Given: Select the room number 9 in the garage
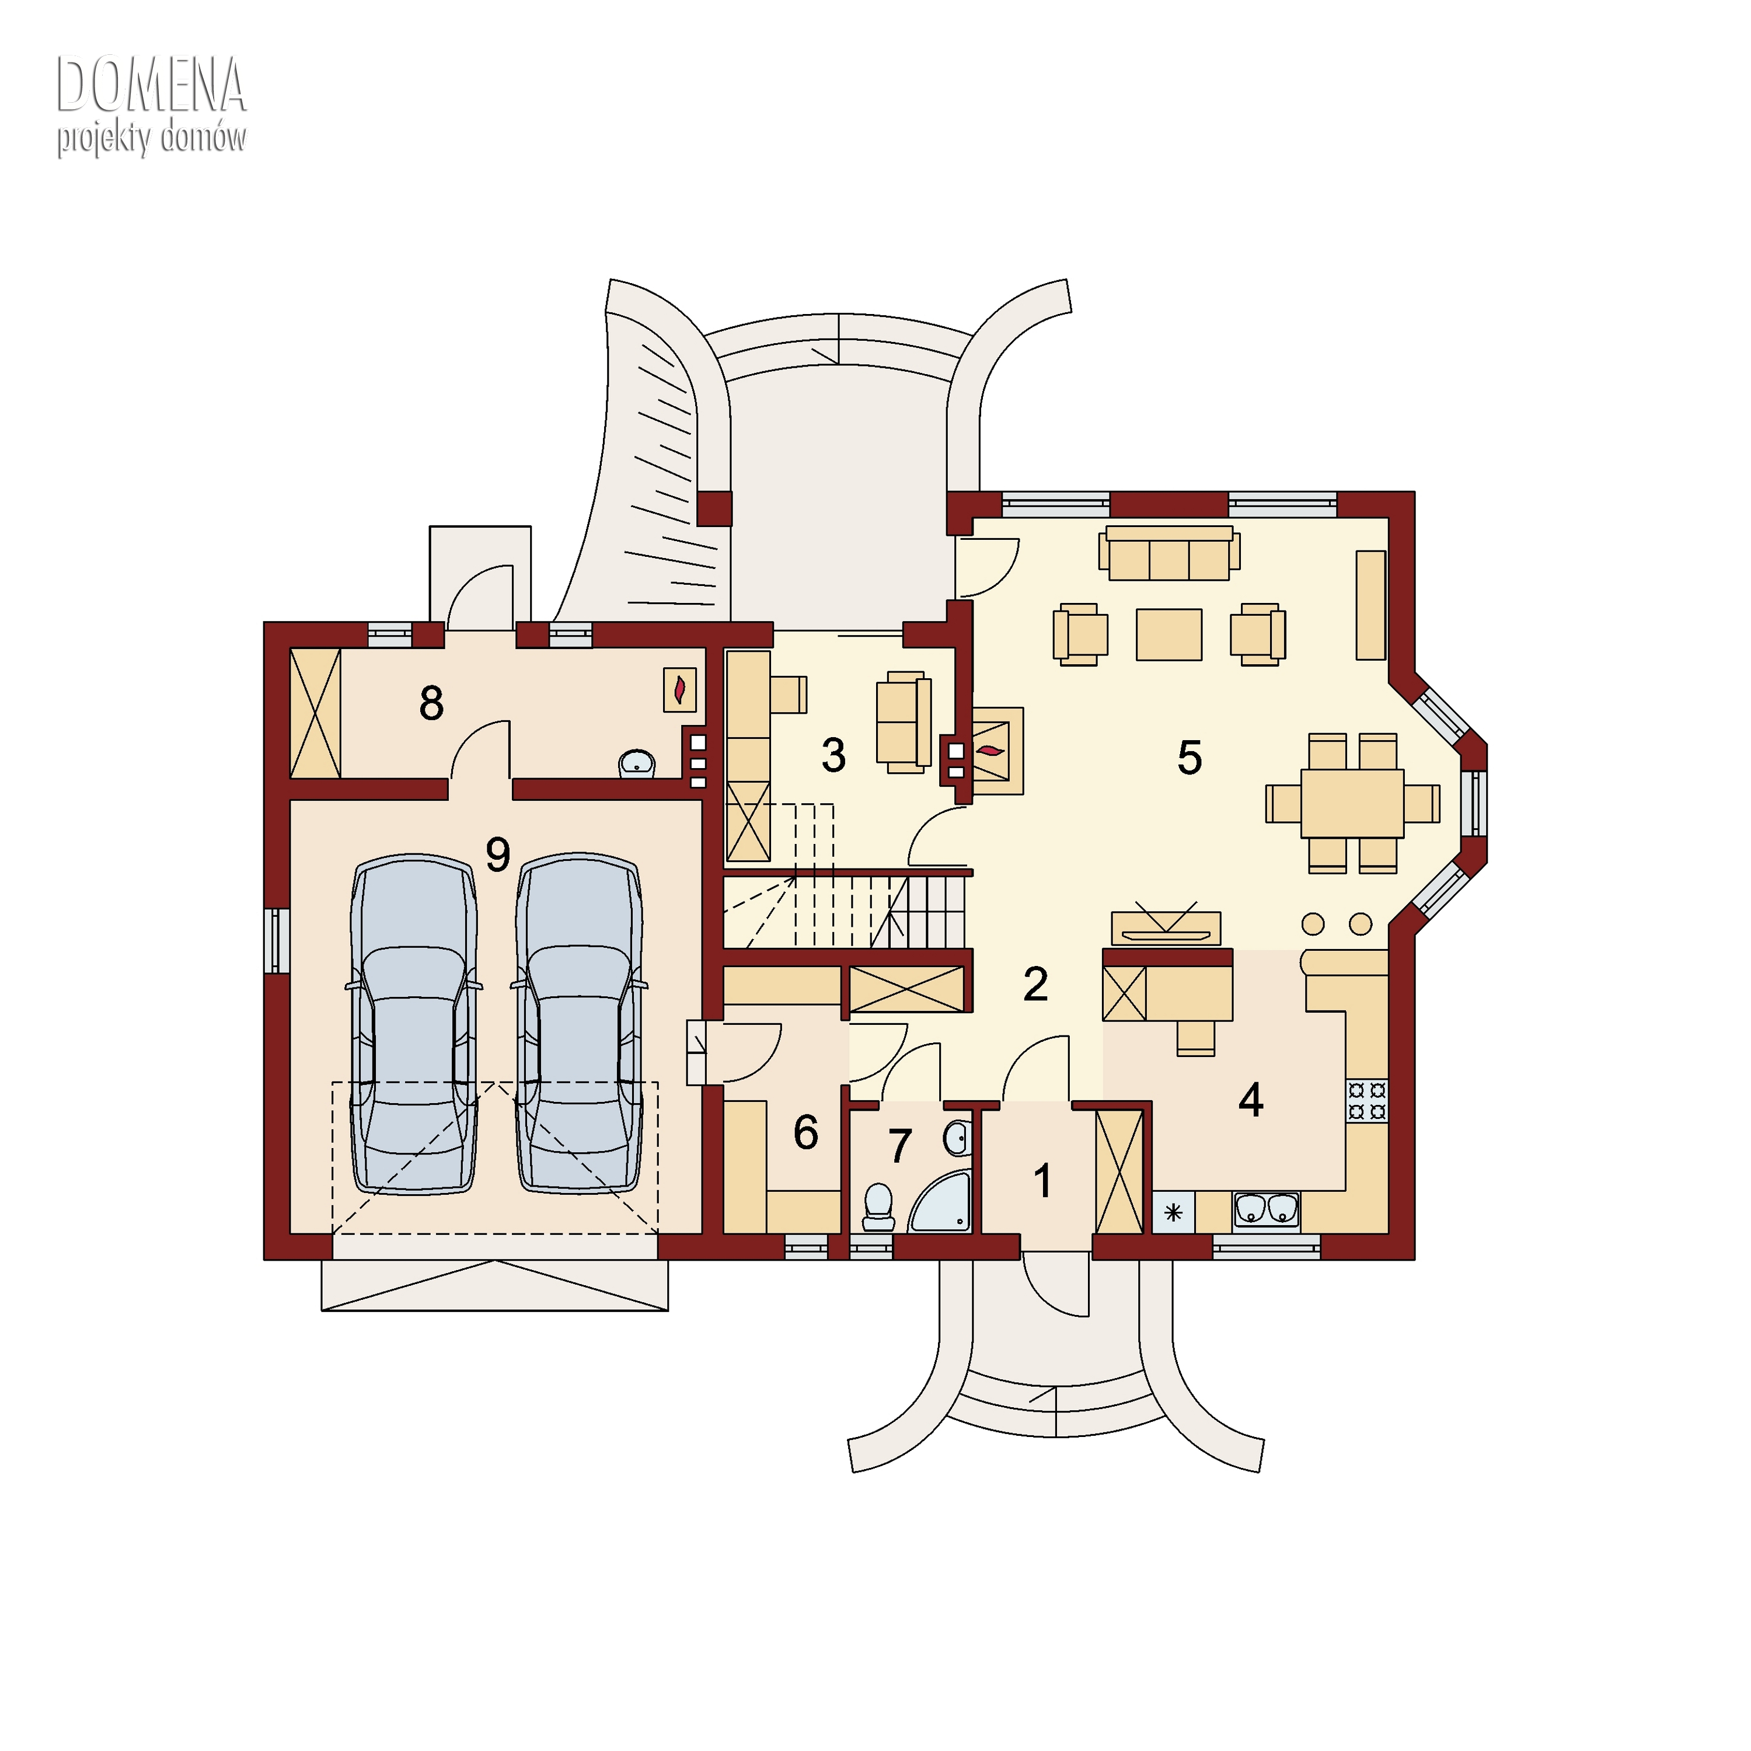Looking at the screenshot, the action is coord(497,854).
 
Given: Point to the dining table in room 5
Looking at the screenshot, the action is coord(1352,803).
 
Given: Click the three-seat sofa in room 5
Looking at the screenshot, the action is coord(1169,552).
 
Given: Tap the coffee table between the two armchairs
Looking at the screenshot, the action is coord(1169,634).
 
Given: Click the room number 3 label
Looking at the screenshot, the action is coord(834,755).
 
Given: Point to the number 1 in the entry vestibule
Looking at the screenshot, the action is coord(1043,1181).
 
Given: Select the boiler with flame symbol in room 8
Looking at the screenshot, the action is coord(680,690).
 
